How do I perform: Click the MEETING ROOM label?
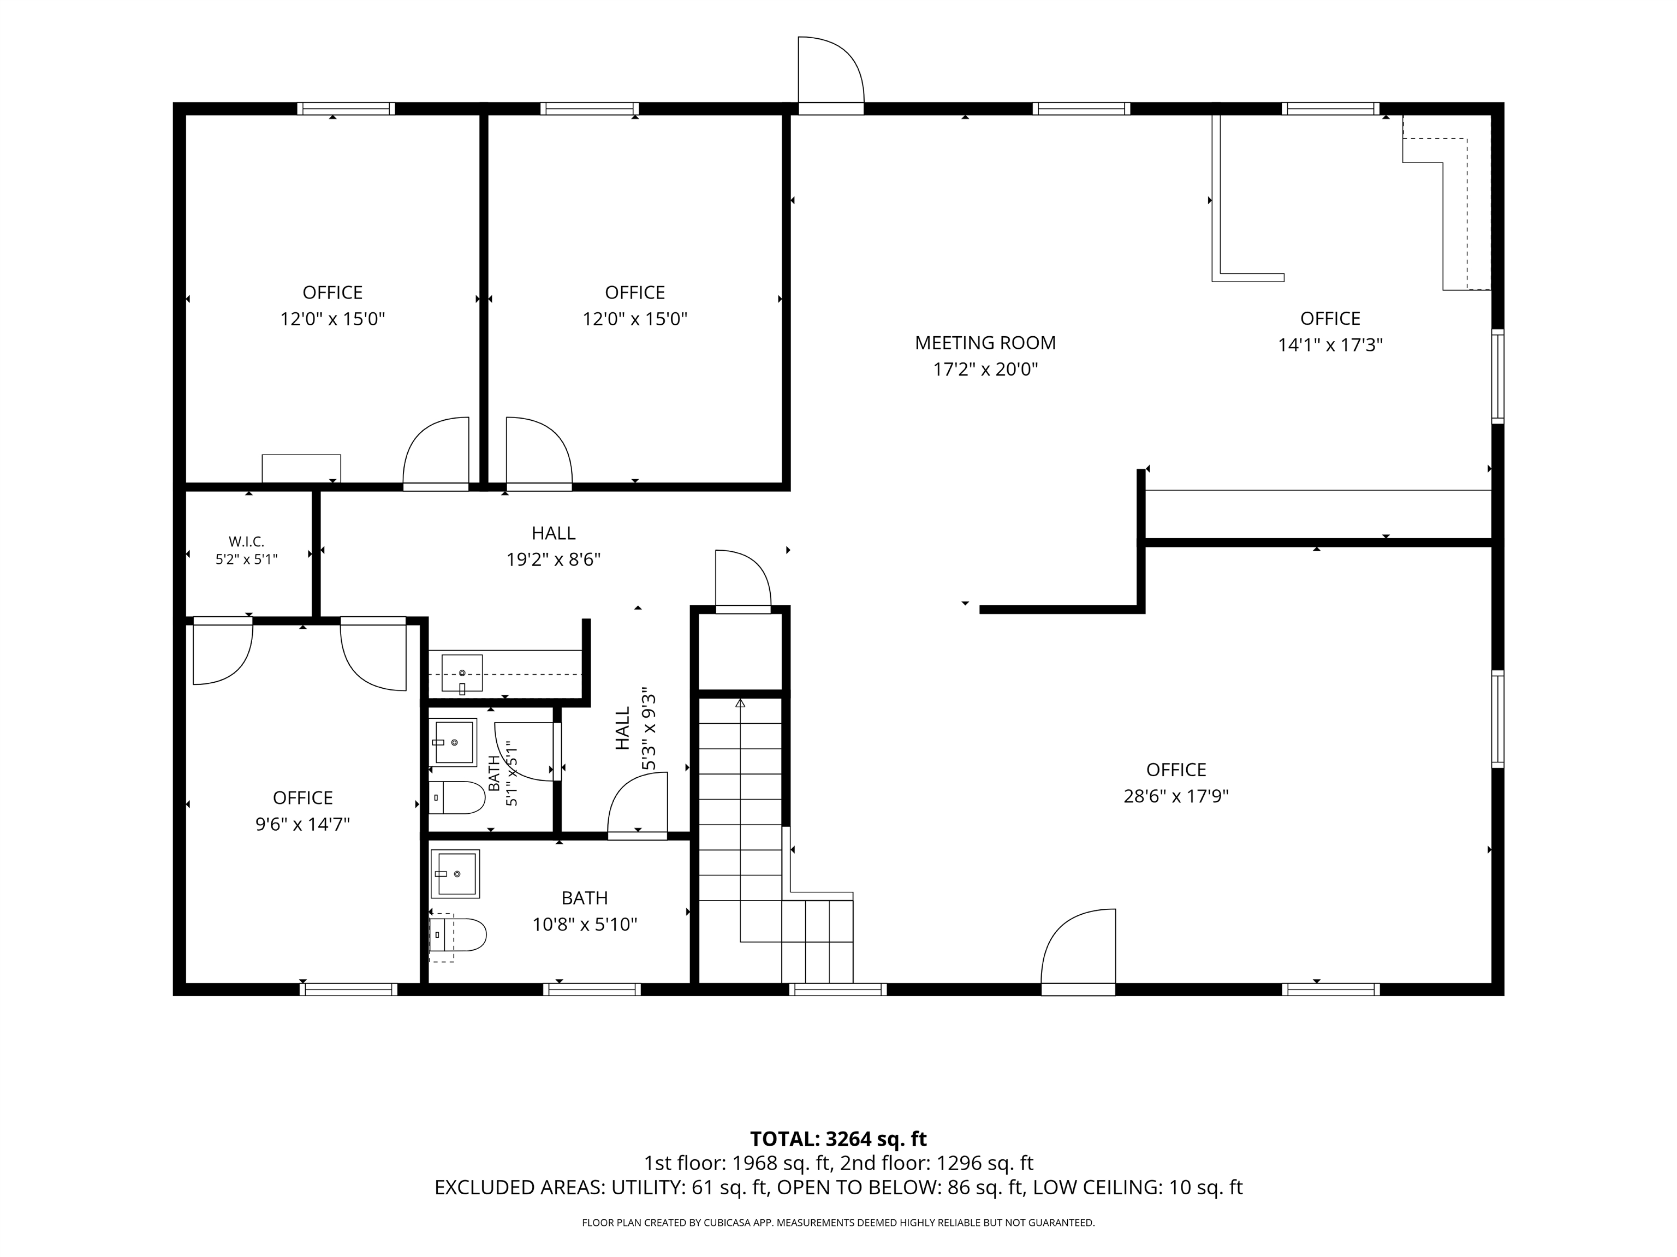tap(985, 343)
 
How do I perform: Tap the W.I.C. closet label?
tap(246, 541)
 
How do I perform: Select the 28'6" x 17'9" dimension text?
tap(1176, 796)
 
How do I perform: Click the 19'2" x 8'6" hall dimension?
tap(554, 559)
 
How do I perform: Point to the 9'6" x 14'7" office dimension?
tap(302, 824)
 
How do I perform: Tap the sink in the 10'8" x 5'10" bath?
tap(455, 873)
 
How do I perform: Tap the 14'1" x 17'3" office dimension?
tap(1330, 345)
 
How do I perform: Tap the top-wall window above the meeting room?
tap(1081, 109)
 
